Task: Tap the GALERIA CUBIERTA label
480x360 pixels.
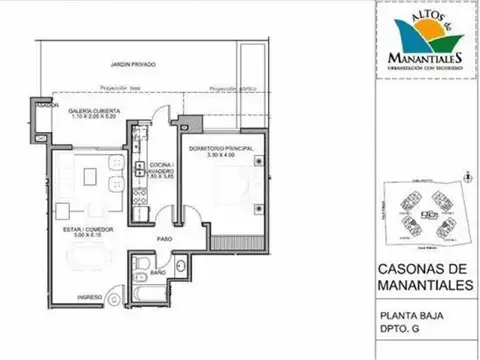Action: pyautogui.click(x=95, y=111)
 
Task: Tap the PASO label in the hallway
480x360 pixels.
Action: pyautogui.click(x=163, y=238)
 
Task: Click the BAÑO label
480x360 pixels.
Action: pyautogui.click(x=158, y=273)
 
